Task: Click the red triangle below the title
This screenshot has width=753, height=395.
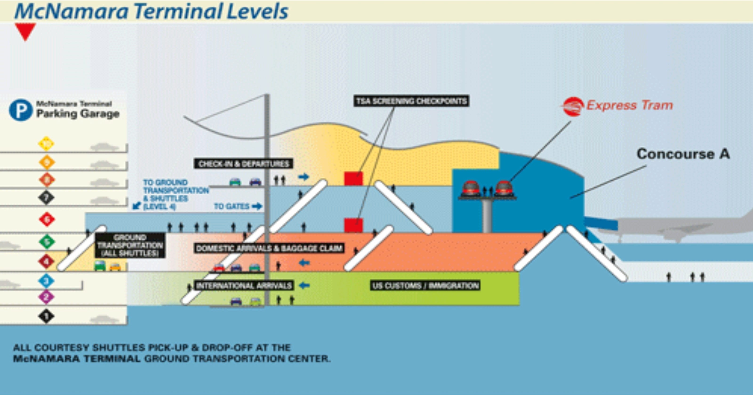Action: coord(25,31)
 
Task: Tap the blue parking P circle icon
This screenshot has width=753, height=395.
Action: coord(20,110)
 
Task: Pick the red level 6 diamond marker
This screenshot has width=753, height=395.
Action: coord(47,219)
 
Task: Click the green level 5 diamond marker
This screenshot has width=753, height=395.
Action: coord(47,242)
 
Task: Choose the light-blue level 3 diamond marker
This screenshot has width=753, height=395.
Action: coord(46,281)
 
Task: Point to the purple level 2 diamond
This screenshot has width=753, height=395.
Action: coord(46,297)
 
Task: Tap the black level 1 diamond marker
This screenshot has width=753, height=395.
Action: coord(46,316)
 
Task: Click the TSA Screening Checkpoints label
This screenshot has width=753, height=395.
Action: coord(411,101)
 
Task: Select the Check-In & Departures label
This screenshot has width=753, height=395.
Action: coord(244,164)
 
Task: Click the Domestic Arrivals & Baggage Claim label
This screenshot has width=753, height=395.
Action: coord(269,248)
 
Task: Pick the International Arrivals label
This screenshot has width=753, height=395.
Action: coord(244,285)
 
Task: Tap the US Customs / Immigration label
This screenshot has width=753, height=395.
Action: coord(425,285)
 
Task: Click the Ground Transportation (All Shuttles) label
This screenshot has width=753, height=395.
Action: coord(130,245)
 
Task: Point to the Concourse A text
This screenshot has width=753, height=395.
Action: coord(683,154)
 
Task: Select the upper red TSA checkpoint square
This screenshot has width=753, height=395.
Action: coord(353,178)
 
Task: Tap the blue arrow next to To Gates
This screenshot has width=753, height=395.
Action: coord(257,206)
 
